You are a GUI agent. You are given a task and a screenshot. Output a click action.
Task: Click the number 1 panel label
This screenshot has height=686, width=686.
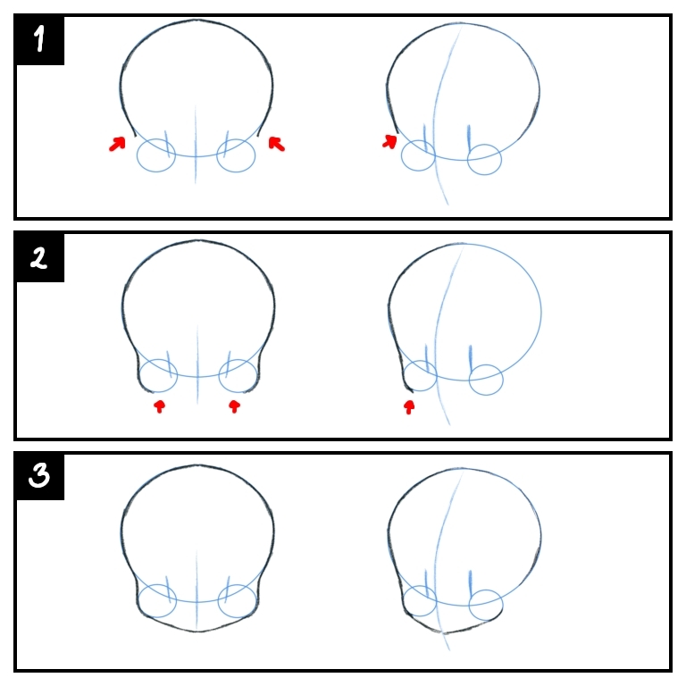click(x=40, y=39)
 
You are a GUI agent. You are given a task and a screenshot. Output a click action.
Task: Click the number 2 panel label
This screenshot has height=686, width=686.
click(x=38, y=257)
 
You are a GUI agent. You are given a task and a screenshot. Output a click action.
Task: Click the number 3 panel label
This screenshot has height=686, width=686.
click(x=39, y=475)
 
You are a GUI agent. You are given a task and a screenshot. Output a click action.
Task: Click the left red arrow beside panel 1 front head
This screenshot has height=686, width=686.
click(x=117, y=144)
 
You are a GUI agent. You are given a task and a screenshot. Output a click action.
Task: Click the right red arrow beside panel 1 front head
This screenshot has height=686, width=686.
click(x=277, y=144)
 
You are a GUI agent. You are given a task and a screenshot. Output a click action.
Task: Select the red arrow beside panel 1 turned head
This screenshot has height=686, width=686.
click(x=389, y=141)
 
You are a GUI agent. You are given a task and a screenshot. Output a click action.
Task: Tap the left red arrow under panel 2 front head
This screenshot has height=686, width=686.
click(x=160, y=406)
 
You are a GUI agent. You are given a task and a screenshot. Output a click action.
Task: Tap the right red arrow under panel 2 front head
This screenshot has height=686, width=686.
click(x=235, y=406)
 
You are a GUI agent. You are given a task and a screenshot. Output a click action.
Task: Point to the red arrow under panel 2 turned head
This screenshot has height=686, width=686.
click(x=409, y=407)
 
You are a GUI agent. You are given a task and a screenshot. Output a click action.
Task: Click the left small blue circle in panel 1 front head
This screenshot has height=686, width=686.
click(x=156, y=155)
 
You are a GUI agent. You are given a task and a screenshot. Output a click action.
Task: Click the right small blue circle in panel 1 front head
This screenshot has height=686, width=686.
click(x=236, y=155)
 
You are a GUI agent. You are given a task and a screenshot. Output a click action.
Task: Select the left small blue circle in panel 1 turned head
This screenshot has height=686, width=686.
click(x=418, y=155)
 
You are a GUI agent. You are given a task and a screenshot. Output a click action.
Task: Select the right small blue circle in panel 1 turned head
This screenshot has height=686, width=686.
click(x=484, y=159)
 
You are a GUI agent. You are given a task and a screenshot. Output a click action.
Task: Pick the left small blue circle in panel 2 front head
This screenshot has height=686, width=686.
click(x=158, y=376)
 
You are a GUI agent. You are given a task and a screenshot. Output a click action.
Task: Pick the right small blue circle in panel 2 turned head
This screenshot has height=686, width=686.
click(x=486, y=380)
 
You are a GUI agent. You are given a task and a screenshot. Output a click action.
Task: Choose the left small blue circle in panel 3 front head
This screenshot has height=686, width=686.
click(x=157, y=600)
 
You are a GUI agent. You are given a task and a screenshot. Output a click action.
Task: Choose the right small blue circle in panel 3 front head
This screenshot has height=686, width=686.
click(x=237, y=600)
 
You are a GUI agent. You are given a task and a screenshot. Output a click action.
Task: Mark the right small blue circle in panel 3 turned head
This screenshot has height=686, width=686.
click(x=486, y=605)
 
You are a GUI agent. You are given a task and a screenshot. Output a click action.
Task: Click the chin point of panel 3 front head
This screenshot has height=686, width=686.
click(x=197, y=632)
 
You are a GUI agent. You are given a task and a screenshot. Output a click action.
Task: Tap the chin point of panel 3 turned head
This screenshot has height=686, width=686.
click(x=444, y=632)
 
